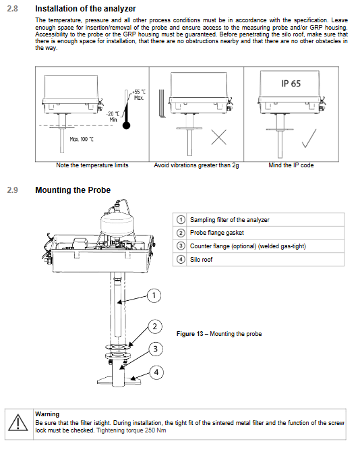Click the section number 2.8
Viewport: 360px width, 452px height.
click(x=12, y=9)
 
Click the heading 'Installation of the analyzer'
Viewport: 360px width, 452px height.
click(x=85, y=9)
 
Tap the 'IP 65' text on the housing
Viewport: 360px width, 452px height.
click(x=291, y=84)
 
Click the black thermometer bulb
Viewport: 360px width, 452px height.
click(x=126, y=125)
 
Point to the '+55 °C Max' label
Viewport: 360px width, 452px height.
click(x=139, y=95)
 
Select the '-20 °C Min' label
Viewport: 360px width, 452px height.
click(x=113, y=117)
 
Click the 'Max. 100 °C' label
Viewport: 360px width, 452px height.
click(x=82, y=139)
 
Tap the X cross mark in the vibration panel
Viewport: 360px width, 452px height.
click(x=219, y=137)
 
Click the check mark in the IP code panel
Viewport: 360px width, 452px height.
click(x=309, y=138)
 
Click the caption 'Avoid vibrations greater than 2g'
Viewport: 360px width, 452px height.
click(x=196, y=165)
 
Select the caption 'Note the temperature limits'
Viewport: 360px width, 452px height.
click(x=92, y=165)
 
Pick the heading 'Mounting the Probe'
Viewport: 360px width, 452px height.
click(x=73, y=190)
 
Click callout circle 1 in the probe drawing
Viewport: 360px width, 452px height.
click(x=154, y=295)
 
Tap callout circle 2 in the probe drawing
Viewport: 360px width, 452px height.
click(x=155, y=327)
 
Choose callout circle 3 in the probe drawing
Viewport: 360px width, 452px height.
click(x=156, y=349)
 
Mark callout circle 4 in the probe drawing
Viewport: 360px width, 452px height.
click(x=156, y=372)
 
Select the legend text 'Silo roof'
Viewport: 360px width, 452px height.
click(x=201, y=260)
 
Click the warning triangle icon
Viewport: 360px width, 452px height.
click(x=18, y=423)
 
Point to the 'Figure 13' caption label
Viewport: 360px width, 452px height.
click(x=190, y=334)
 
